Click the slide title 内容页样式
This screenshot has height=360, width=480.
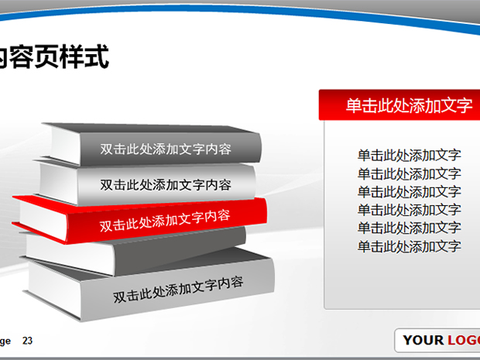tap(53, 57)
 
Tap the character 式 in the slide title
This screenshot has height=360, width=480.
tap(97, 57)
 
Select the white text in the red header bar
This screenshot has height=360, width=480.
tap(409, 105)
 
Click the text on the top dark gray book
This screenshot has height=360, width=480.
tap(166, 149)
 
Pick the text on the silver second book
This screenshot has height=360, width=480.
tap(166, 184)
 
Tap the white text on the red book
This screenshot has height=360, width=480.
tap(165, 221)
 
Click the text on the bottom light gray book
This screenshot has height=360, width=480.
tap(178, 290)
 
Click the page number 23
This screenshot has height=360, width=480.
tap(27, 341)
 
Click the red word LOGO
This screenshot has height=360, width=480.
tap(464, 340)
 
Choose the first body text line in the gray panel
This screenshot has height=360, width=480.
tap(410, 155)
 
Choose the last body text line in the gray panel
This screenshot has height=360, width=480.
tap(410, 246)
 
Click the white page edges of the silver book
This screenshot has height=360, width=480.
tap(59, 182)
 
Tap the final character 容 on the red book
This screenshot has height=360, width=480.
tap(224, 215)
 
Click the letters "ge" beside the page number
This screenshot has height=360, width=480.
tap(5, 341)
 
